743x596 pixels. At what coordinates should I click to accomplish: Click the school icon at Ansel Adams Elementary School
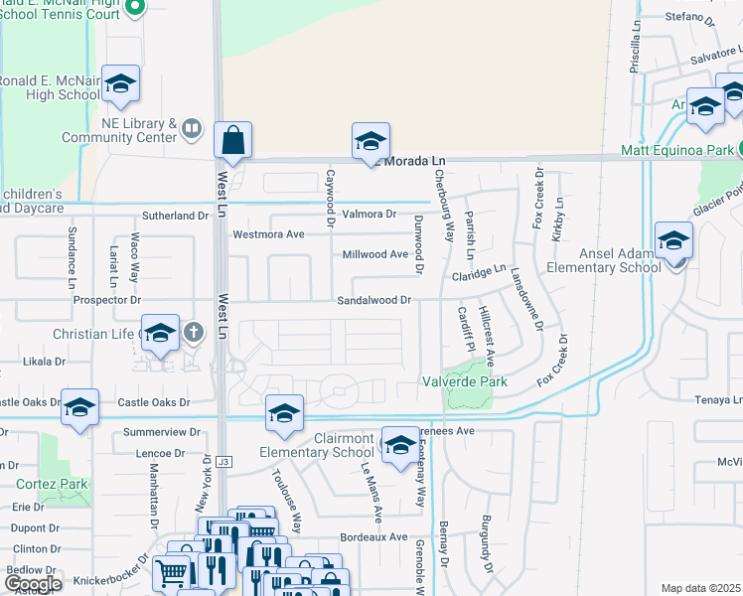(673, 241)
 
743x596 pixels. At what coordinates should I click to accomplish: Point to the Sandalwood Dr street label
(373, 299)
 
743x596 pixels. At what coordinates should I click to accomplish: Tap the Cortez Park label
(52, 485)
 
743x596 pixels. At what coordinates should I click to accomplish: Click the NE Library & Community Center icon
(192, 127)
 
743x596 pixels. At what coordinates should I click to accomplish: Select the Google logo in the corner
(32, 584)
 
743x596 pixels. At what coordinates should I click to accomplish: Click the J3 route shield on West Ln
(224, 461)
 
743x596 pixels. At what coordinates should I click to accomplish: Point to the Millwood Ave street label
(375, 254)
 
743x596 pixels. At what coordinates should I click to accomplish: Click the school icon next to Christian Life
(159, 334)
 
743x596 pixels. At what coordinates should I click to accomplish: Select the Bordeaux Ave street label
(372, 536)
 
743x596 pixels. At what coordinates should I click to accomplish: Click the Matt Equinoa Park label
(675, 151)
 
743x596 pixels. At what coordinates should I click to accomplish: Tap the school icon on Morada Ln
(371, 141)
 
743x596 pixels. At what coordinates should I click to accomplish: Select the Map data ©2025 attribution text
(701, 588)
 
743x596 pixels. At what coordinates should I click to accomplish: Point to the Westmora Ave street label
(267, 235)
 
